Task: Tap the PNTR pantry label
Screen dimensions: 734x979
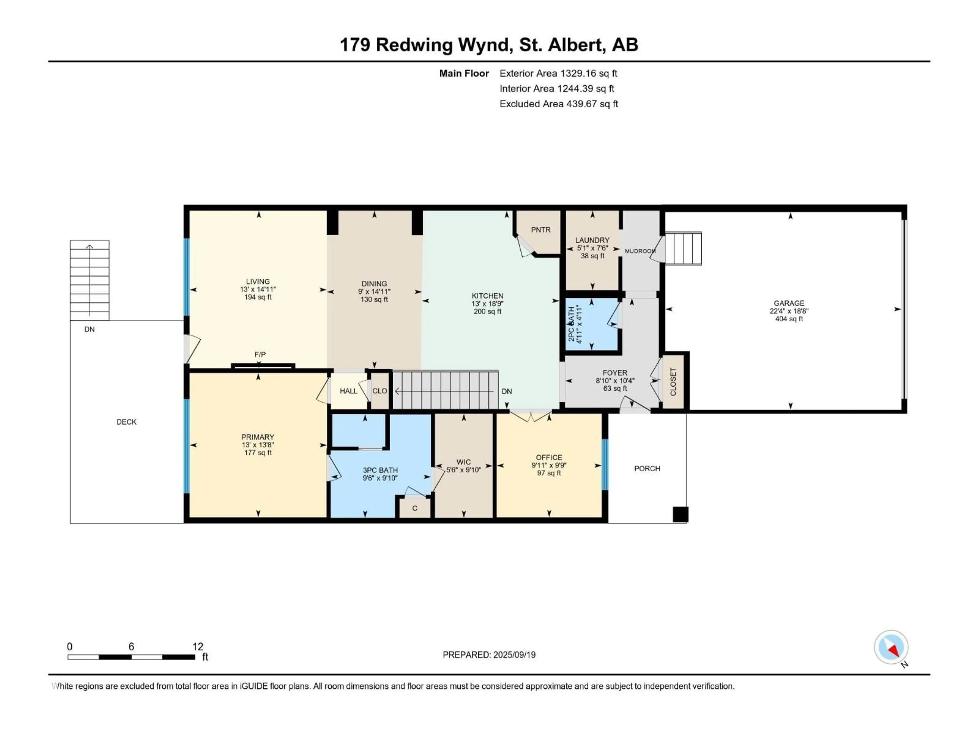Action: (x=540, y=230)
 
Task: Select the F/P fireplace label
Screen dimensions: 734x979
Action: (x=260, y=355)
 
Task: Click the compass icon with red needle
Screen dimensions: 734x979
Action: (x=891, y=647)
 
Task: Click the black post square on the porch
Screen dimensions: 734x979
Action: (x=680, y=515)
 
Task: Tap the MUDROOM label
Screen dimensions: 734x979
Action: (x=639, y=251)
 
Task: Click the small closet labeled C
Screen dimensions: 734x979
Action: (x=415, y=508)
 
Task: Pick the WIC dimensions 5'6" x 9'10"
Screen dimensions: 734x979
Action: (x=463, y=470)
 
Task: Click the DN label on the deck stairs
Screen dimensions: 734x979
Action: (x=89, y=329)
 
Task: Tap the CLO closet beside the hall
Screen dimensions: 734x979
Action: (x=379, y=391)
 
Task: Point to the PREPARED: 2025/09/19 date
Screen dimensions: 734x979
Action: (x=489, y=655)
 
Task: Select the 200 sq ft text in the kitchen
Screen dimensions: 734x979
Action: (x=487, y=311)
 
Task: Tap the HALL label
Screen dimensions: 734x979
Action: (x=348, y=391)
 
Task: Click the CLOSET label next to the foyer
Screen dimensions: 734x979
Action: (x=673, y=382)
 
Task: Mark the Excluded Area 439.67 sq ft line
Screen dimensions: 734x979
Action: (x=559, y=104)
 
